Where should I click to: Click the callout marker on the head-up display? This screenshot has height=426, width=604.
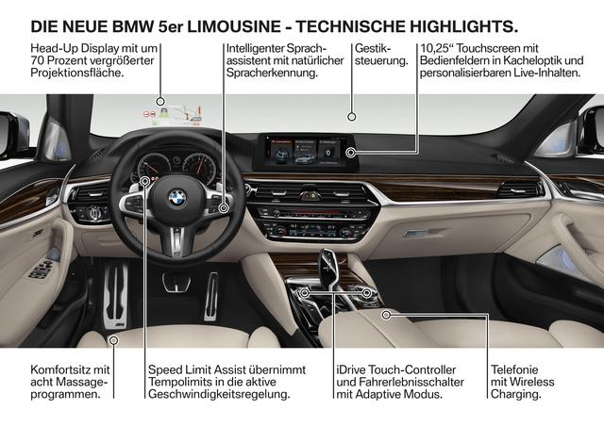[x=160, y=102]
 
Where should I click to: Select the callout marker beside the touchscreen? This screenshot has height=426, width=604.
[x=350, y=153]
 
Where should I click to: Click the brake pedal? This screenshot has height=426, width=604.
[x=176, y=282]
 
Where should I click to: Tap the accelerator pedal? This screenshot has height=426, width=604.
[x=211, y=296]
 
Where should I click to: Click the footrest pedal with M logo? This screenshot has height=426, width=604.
[x=115, y=296]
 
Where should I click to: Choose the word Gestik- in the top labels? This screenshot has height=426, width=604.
[x=373, y=48]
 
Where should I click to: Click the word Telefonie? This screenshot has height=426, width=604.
[x=514, y=369]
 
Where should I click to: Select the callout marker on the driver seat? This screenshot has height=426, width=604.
[x=113, y=340]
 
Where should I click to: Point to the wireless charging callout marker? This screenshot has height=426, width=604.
[x=386, y=315]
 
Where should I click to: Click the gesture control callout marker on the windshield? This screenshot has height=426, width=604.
[x=351, y=117]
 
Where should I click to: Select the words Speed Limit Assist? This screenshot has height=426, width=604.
[x=197, y=369]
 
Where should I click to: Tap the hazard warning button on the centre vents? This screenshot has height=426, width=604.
[x=310, y=196]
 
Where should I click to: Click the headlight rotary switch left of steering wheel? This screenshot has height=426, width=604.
[x=93, y=213]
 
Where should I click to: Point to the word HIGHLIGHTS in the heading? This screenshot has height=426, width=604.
[x=463, y=26]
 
